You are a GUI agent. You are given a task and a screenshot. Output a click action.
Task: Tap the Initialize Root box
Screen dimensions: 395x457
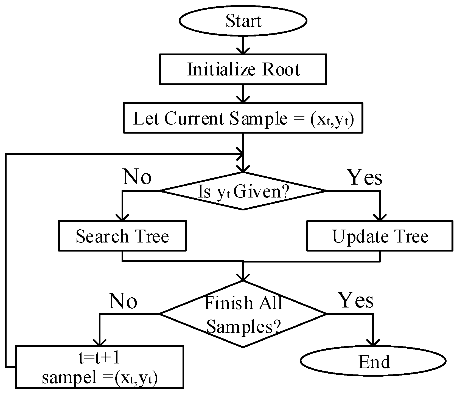point(243,69)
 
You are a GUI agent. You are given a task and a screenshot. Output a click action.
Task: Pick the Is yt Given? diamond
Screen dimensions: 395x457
point(243,191)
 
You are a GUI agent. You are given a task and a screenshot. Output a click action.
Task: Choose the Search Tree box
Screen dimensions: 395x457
point(122,236)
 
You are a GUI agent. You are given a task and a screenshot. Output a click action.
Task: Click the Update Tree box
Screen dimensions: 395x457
point(380,236)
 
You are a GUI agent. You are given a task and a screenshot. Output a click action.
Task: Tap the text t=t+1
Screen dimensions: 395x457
point(99,359)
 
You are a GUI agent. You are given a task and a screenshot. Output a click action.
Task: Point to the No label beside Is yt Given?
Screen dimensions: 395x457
point(137,177)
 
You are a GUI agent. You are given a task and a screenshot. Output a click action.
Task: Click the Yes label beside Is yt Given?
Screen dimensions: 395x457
point(365,177)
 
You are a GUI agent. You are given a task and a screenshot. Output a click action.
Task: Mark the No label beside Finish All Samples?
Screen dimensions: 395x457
point(123,301)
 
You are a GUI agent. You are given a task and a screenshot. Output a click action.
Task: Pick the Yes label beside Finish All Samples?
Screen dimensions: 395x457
point(356,300)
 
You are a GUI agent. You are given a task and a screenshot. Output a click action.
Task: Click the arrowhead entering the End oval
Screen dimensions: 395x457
point(373,343)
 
